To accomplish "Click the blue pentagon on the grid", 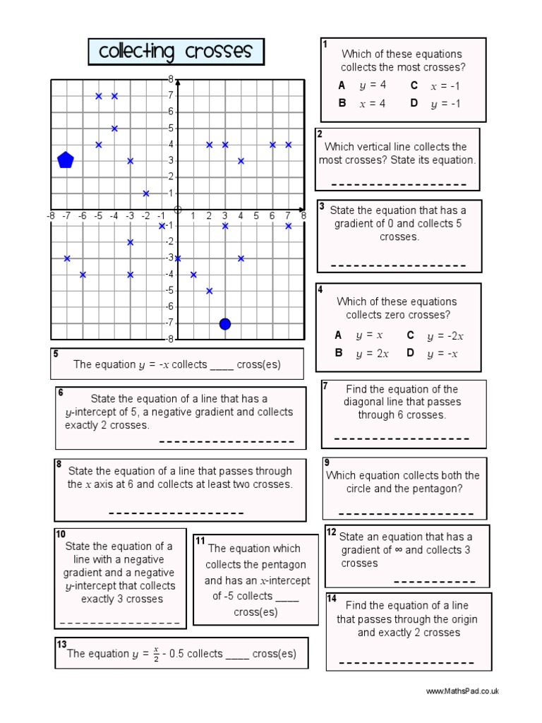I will (66, 160).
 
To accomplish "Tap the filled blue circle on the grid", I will (225, 324).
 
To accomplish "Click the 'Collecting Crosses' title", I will (176, 52).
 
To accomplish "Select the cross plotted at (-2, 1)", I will (146, 193).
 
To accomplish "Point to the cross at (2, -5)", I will (210, 290).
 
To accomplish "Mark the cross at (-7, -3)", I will (67, 258).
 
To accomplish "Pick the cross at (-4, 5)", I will (114, 129).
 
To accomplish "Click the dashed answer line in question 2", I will (399, 185).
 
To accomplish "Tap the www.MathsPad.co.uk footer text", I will (462, 691).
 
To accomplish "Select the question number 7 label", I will (325, 386).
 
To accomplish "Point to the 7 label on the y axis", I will (170, 95).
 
